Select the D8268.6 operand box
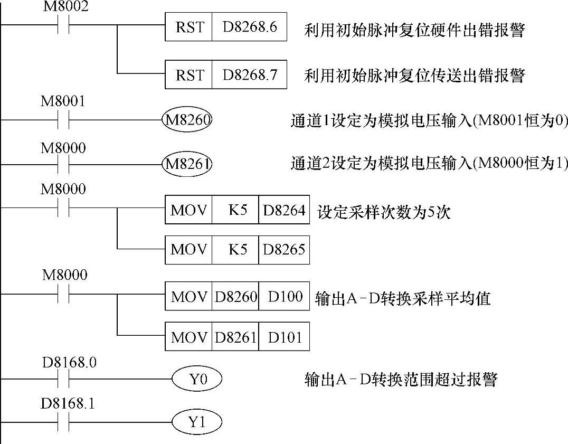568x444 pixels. (x=249, y=27)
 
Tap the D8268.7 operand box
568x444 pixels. (x=249, y=74)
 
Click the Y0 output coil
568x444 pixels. (x=196, y=379)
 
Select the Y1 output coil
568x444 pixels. (x=196, y=422)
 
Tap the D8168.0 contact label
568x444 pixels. (x=69, y=363)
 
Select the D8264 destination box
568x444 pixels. (x=283, y=211)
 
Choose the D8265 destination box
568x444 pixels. (x=283, y=249)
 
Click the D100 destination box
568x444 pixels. (x=283, y=297)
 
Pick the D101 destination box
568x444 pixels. (x=283, y=337)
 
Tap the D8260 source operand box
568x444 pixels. (x=235, y=297)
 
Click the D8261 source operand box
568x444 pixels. (x=235, y=337)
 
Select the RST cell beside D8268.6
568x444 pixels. (x=189, y=27)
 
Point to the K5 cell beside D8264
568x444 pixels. (x=235, y=211)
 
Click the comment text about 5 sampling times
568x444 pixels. (x=383, y=213)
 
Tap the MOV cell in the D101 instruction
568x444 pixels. (x=188, y=337)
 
